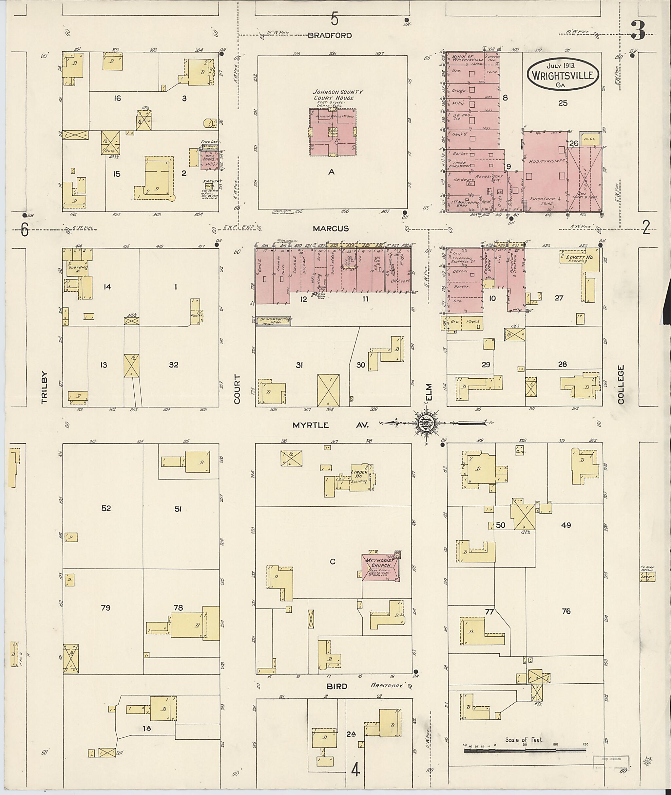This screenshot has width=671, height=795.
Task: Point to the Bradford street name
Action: tap(330, 36)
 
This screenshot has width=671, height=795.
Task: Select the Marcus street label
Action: tap(331, 228)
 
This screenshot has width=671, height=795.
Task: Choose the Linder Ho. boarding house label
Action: tap(359, 475)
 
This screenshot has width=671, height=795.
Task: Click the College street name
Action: tap(621, 384)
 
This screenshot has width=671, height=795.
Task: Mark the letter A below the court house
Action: tap(331, 172)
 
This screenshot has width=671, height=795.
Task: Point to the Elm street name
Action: tap(429, 391)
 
